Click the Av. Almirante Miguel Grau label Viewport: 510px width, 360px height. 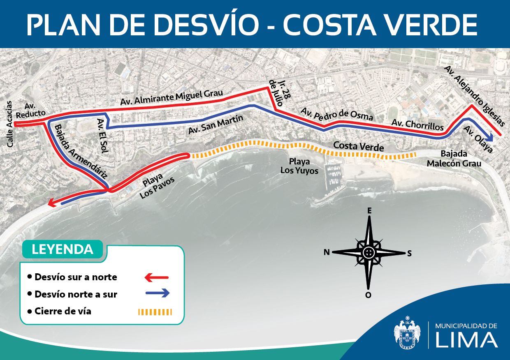coord(172,97)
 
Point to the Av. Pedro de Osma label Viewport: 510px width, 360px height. coord(337,114)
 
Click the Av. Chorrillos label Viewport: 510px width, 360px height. coord(417,125)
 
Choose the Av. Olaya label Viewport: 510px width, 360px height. coord(478,139)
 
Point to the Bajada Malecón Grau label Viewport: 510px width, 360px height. coord(454,158)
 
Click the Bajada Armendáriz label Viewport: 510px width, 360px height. coord(80,151)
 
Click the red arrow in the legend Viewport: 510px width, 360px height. coord(157,278)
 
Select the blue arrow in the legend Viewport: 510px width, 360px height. coord(157,293)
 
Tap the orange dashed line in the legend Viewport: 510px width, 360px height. coord(155,312)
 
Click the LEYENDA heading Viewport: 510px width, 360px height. coord(62,249)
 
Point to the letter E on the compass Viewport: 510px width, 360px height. coord(369,211)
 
